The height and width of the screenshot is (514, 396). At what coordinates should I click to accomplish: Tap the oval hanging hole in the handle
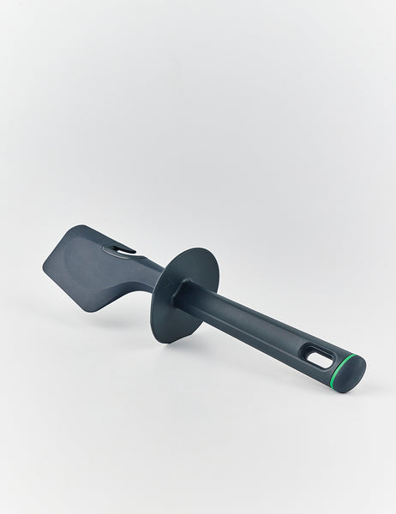click(319, 357)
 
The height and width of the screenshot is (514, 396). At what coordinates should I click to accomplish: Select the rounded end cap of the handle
click(353, 374)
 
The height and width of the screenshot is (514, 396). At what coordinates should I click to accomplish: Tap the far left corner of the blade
click(44, 265)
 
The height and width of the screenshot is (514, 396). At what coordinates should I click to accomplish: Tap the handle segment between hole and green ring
click(331, 364)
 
